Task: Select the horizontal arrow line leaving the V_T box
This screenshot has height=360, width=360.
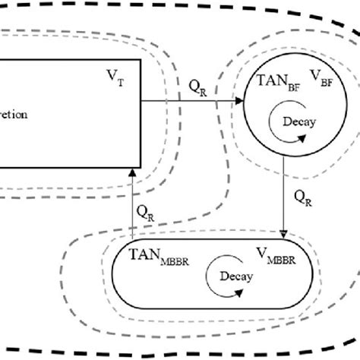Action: tap(190, 99)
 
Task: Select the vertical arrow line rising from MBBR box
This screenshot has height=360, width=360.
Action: tap(133, 205)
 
